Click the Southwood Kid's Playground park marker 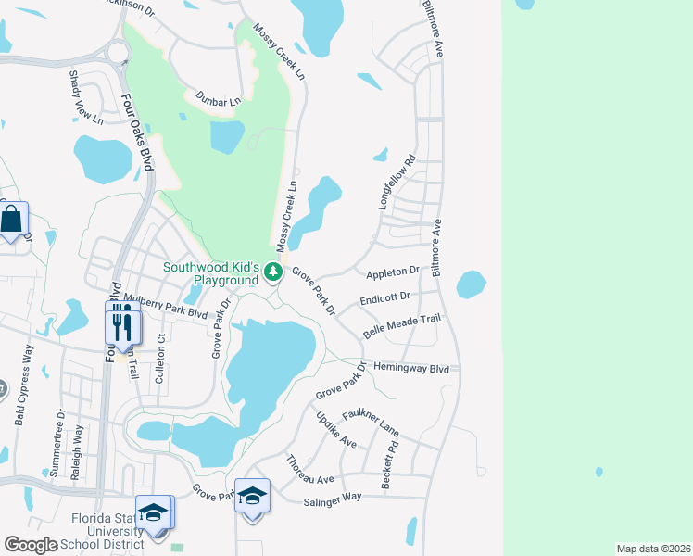[x=272, y=272]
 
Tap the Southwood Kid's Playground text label [x=210, y=273]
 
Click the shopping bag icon [x=12, y=221]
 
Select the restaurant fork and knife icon [x=121, y=323]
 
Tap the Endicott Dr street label [x=384, y=299]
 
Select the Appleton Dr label [x=393, y=272]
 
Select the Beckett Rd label [x=389, y=465]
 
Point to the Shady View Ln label [x=73, y=97]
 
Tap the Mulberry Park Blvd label [x=170, y=312]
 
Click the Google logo [x=31, y=545]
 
